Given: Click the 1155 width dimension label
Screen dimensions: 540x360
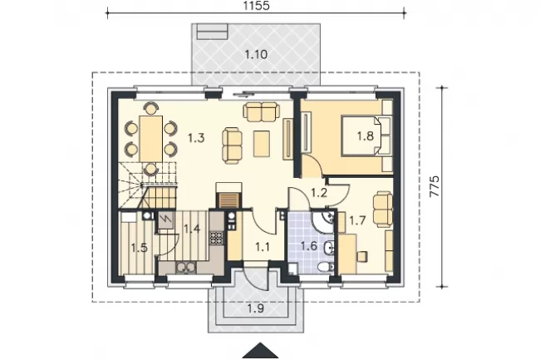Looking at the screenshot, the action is point(256,6).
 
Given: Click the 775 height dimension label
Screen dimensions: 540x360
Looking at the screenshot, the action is point(434,186).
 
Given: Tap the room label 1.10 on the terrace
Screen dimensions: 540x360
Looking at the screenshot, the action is point(256,54).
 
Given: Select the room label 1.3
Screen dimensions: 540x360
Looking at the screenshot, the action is point(196,138).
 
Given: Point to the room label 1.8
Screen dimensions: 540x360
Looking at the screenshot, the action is point(365,136).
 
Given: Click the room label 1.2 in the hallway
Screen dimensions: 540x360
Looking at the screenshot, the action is point(319,193).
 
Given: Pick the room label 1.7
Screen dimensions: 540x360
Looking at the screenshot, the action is point(357,220).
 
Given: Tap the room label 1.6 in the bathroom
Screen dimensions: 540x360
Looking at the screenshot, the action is point(308,246).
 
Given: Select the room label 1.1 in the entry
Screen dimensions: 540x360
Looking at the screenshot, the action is point(263,247).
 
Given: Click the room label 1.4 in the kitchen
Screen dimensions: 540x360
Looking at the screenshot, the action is point(192,229).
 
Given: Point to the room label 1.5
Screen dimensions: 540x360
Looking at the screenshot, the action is point(140,248).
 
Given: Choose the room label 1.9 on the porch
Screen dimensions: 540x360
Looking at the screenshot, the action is point(256,308).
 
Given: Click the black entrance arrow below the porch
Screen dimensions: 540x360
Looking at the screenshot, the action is point(260,351).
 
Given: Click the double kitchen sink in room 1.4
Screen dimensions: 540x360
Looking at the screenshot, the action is point(185,268).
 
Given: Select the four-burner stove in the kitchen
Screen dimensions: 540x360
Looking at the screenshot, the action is point(216,237).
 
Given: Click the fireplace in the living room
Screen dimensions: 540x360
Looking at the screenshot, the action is point(228,196).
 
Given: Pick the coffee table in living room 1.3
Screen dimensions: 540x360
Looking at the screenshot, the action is point(262,143).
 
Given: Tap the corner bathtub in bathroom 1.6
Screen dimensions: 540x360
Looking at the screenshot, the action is point(323,221).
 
